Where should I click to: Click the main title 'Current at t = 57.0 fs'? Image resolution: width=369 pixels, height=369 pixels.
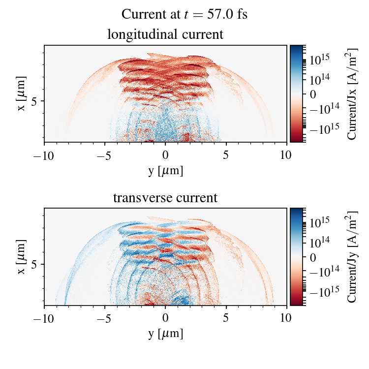tap(184, 14)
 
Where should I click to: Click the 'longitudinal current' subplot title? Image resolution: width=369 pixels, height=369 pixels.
tap(165, 35)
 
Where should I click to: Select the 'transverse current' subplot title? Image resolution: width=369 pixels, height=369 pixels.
tap(165, 198)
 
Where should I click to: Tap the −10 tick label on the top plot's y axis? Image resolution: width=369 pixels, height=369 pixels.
tap(44, 155)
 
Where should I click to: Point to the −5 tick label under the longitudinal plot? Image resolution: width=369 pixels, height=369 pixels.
tap(105, 155)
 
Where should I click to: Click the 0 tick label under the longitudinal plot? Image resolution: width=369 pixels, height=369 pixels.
tap(165, 155)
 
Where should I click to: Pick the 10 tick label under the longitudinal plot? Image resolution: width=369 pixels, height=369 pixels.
tap(287, 155)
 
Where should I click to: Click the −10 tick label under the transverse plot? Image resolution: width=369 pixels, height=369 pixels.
tap(44, 319)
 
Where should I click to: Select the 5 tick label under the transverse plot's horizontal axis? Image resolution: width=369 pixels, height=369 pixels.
tap(226, 319)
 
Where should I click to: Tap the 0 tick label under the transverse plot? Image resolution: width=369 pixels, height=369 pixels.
tap(165, 319)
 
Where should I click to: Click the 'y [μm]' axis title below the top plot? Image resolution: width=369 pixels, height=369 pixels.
tap(165, 171)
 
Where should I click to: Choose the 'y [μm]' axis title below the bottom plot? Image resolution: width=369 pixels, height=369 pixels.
tap(165, 334)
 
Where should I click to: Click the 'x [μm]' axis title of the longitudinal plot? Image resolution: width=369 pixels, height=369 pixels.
tap(22, 93)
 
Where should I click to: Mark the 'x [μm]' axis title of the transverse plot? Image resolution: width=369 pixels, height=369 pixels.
tap(22, 257)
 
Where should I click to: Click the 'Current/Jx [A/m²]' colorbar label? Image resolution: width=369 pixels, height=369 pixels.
tap(352, 93)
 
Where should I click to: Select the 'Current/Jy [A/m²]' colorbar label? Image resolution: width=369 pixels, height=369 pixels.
tap(352, 257)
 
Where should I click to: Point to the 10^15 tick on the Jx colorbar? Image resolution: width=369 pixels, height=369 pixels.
tap(319, 59)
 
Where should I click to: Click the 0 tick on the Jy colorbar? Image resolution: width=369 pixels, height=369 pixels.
tap(313, 257)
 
